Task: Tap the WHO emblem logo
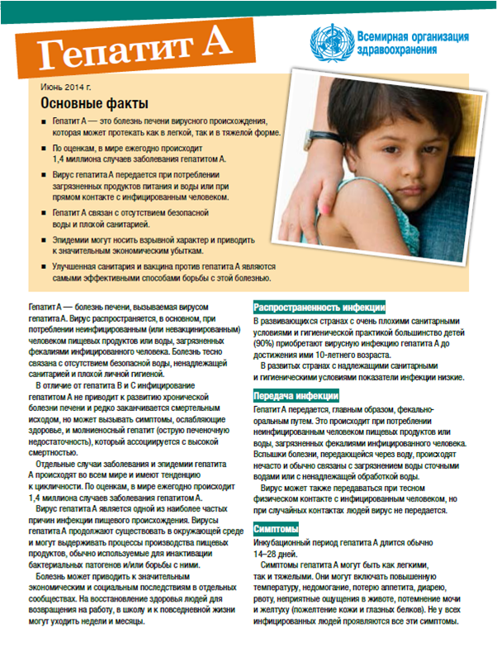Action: tap(329, 42)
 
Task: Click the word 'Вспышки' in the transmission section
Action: tap(272, 455)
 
